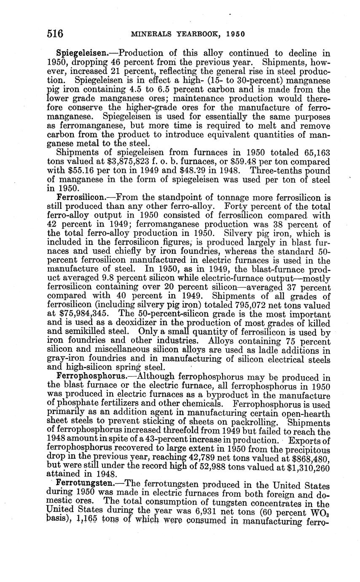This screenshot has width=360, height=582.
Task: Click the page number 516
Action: point(55,33)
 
